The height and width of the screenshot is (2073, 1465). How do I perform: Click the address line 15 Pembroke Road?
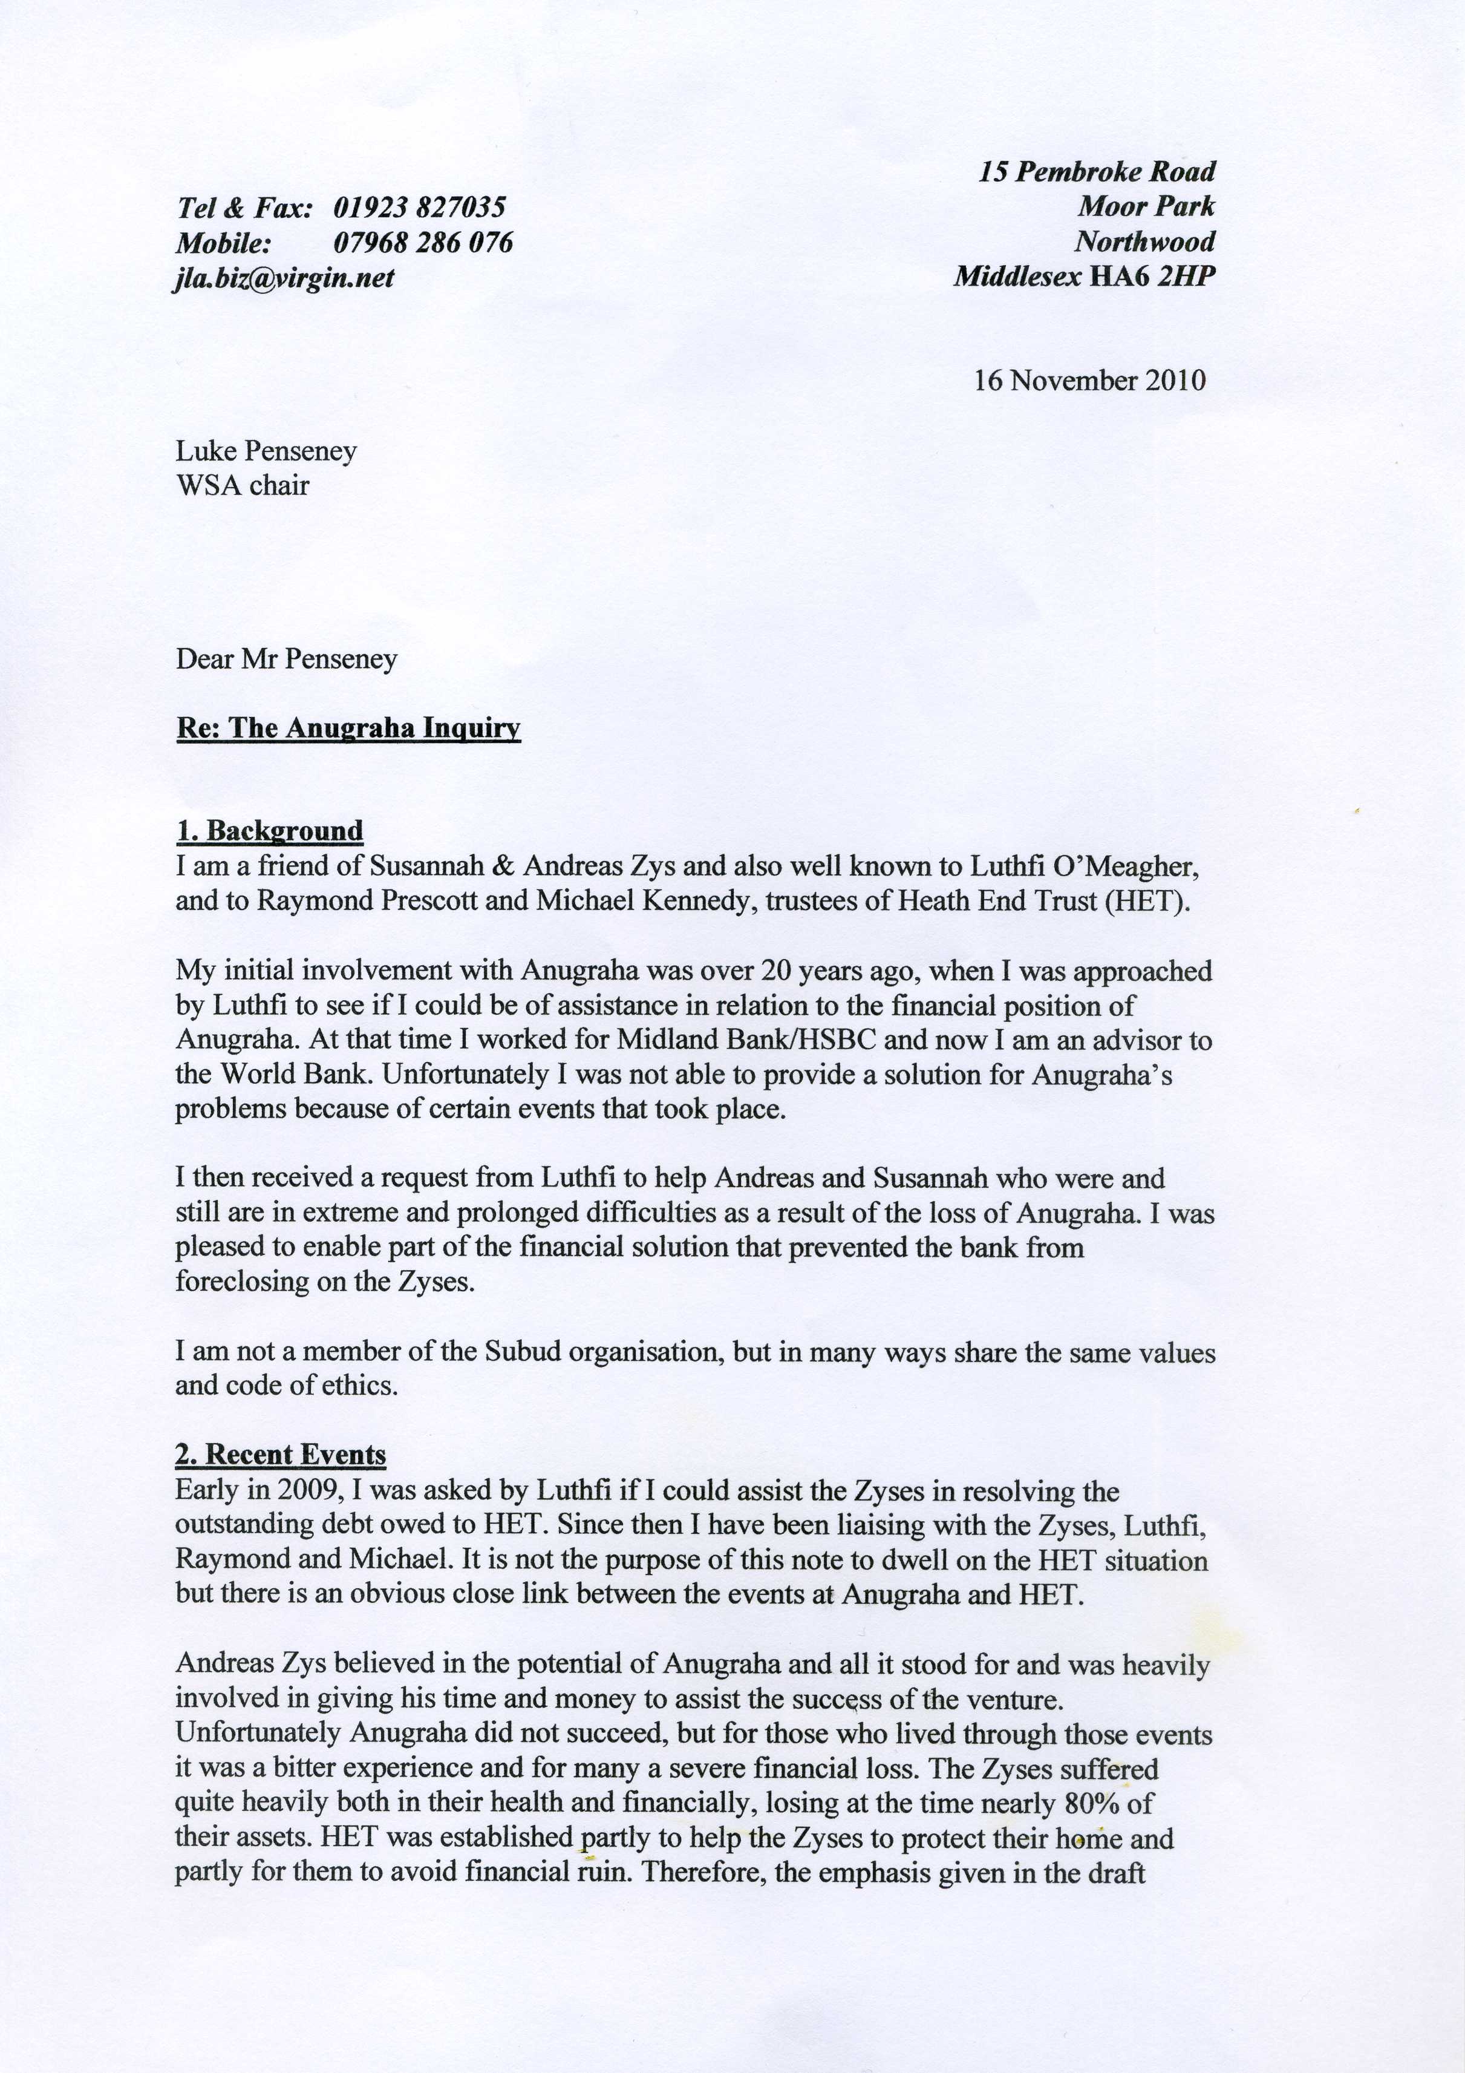point(1097,172)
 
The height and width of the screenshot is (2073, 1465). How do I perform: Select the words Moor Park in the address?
point(1146,207)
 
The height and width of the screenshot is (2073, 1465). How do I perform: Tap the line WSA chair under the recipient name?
point(242,486)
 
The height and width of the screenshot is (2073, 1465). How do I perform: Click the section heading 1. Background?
point(269,831)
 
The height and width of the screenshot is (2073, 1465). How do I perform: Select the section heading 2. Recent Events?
point(281,1455)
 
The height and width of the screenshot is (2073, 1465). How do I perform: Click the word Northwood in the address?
point(1144,242)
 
